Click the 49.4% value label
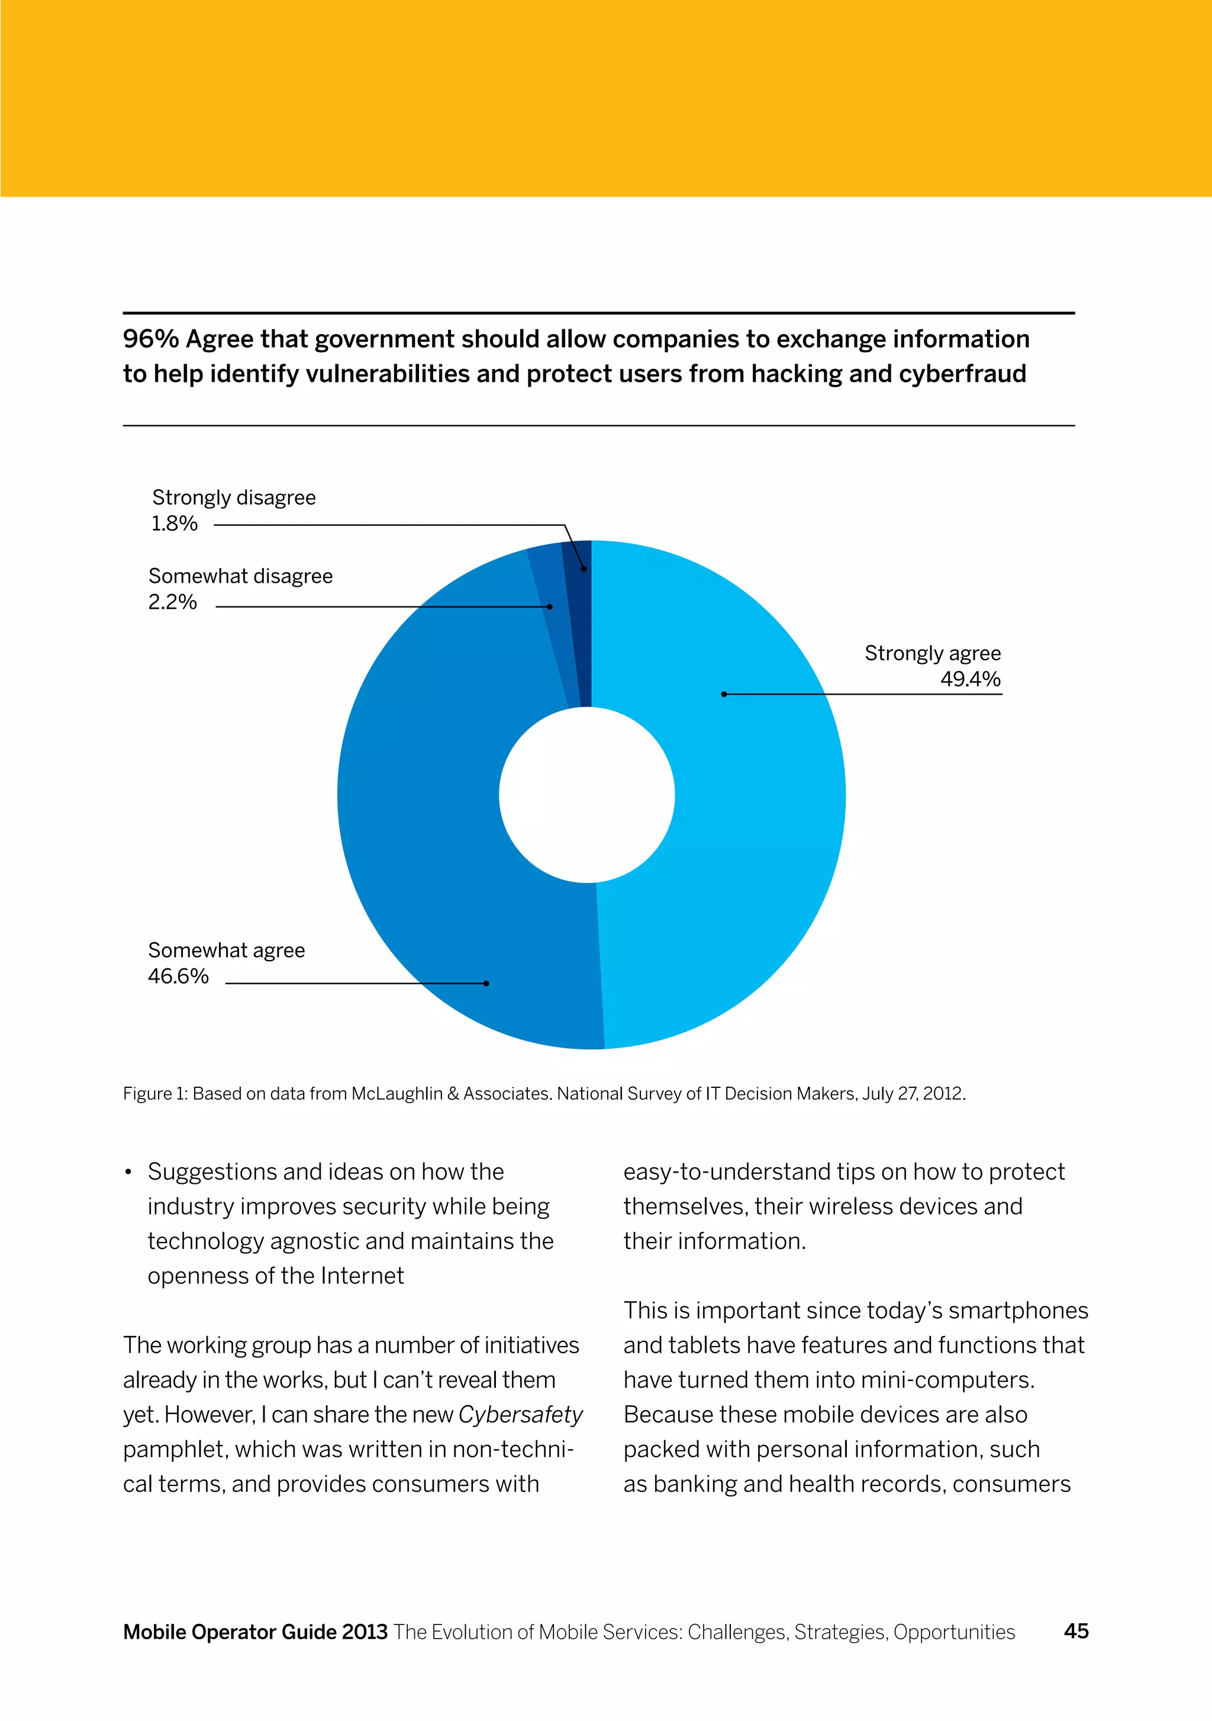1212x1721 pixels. (970, 679)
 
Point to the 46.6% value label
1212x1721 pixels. (178, 976)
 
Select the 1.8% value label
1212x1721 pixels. (175, 523)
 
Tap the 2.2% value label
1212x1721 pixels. (172, 602)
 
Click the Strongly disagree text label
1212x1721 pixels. (234, 497)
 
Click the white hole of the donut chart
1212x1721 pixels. (587, 795)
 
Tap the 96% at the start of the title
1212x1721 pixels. (150, 339)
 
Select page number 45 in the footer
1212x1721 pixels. (1076, 1631)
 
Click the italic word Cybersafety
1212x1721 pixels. (520, 1414)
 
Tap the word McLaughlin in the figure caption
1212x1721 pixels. (397, 1094)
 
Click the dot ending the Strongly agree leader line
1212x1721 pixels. (724, 694)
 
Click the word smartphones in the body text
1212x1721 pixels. (1018, 1310)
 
